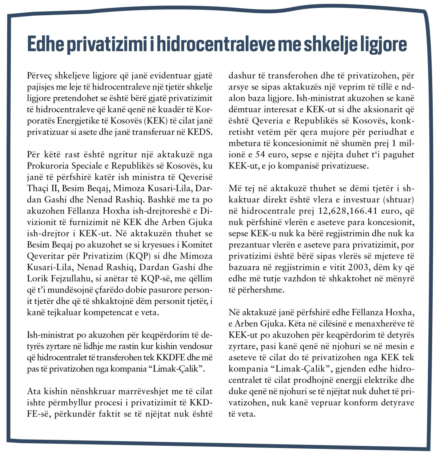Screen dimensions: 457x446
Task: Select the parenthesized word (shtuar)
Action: pyautogui.click(x=399, y=200)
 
